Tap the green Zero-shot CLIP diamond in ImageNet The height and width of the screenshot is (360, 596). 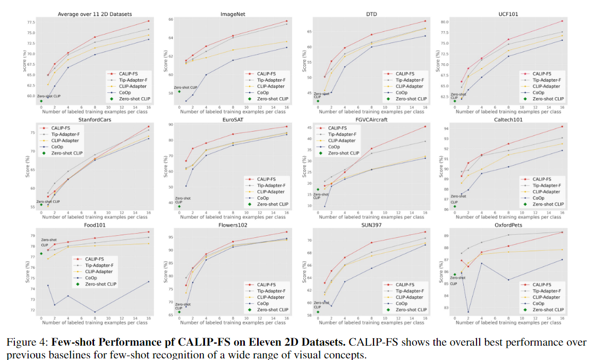click(x=180, y=91)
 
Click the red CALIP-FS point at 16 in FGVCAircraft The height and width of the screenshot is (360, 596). click(x=425, y=126)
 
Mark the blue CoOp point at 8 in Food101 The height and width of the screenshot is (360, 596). click(x=95, y=312)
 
